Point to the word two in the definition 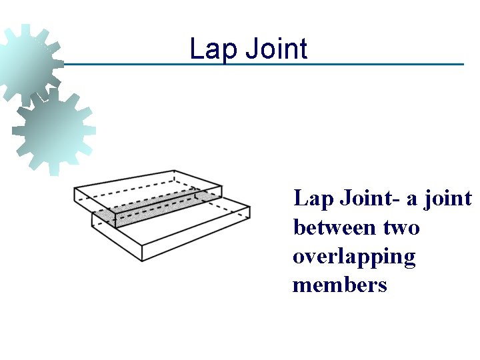[401, 228]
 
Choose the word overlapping [354, 257]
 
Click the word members [339, 285]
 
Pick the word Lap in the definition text [314, 199]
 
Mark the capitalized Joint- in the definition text [369, 199]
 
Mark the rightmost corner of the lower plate [250, 209]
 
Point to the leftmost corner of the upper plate [74, 189]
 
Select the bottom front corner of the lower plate [141, 261]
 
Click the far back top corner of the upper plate [174, 171]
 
